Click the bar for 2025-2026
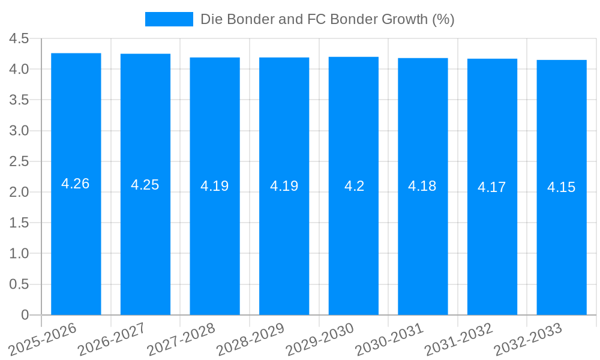[x=76, y=240]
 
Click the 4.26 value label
[x=76, y=184]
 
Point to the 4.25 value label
[x=145, y=185]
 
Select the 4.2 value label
[x=354, y=186]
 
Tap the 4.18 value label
[x=422, y=186]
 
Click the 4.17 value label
[x=492, y=187]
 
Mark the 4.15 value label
[x=562, y=187]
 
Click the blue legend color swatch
[x=169, y=19]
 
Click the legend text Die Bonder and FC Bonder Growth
[x=327, y=19]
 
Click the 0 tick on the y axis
[x=25, y=315]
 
